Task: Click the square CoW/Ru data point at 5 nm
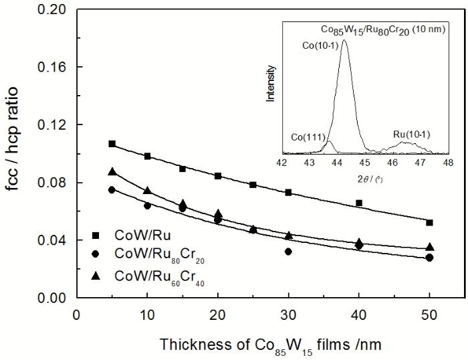[x=112, y=144]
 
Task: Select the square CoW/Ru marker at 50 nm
[x=429, y=222]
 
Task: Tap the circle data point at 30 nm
[x=288, y=252]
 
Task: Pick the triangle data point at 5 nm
[x=112, y=172]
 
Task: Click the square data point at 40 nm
[x=359, y=203]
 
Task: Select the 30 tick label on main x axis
[x=288, y=315]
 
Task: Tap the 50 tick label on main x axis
[x=429, y=315]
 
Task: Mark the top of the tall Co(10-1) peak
[x=344, y=40]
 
